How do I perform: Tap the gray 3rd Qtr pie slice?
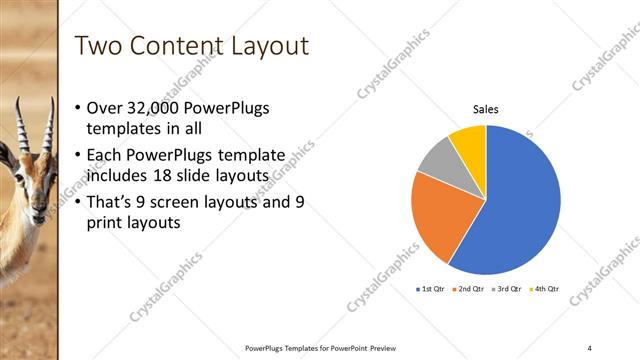(438, 160)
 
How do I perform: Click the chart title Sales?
(485, 110)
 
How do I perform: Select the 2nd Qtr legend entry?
(470, 289)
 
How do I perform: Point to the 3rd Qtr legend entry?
(507, 289)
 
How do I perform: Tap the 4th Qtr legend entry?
(545, 289)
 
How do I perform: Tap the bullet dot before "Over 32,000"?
(80, 109)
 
